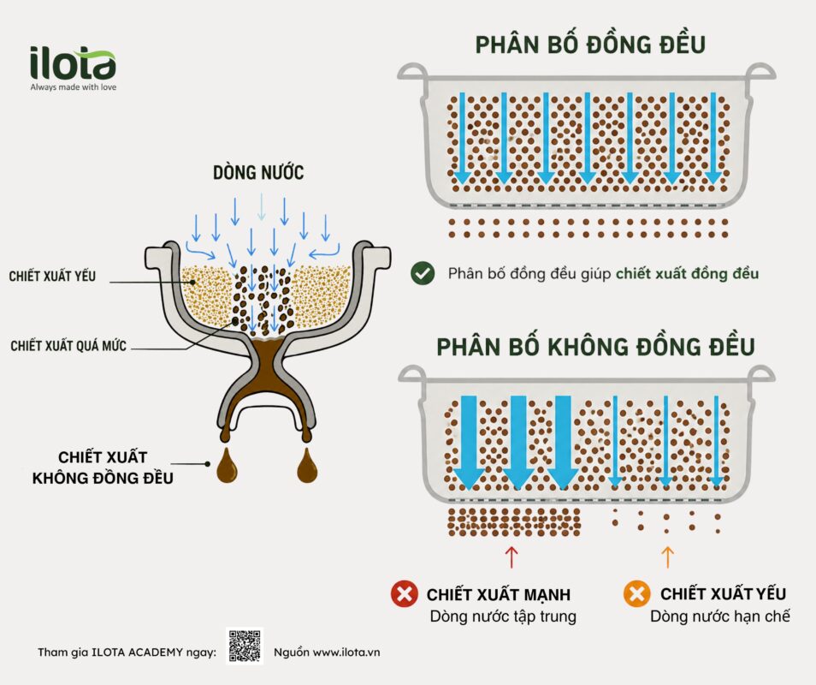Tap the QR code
245,646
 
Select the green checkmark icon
423,273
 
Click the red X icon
405,593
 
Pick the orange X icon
636,593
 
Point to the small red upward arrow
511,557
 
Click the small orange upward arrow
668,557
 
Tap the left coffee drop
227,465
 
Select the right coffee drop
307,465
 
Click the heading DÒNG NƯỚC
258,172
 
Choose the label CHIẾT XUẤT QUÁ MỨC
68,346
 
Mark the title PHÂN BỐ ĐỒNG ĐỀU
590,45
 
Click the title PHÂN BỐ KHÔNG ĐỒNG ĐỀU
595,347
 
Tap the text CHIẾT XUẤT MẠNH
499,594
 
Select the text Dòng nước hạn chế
719,616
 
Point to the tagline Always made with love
74,87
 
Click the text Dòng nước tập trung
503,616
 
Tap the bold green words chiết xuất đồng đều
687,273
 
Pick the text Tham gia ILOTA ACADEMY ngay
127,652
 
